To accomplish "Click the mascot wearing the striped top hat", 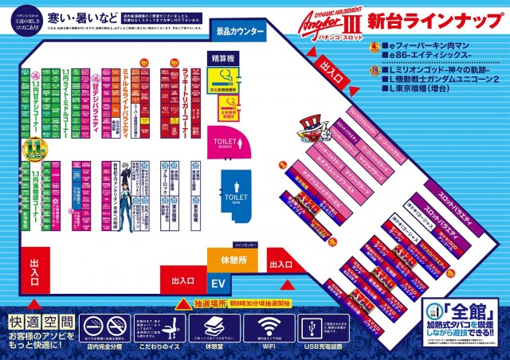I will (x=311, y=128).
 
